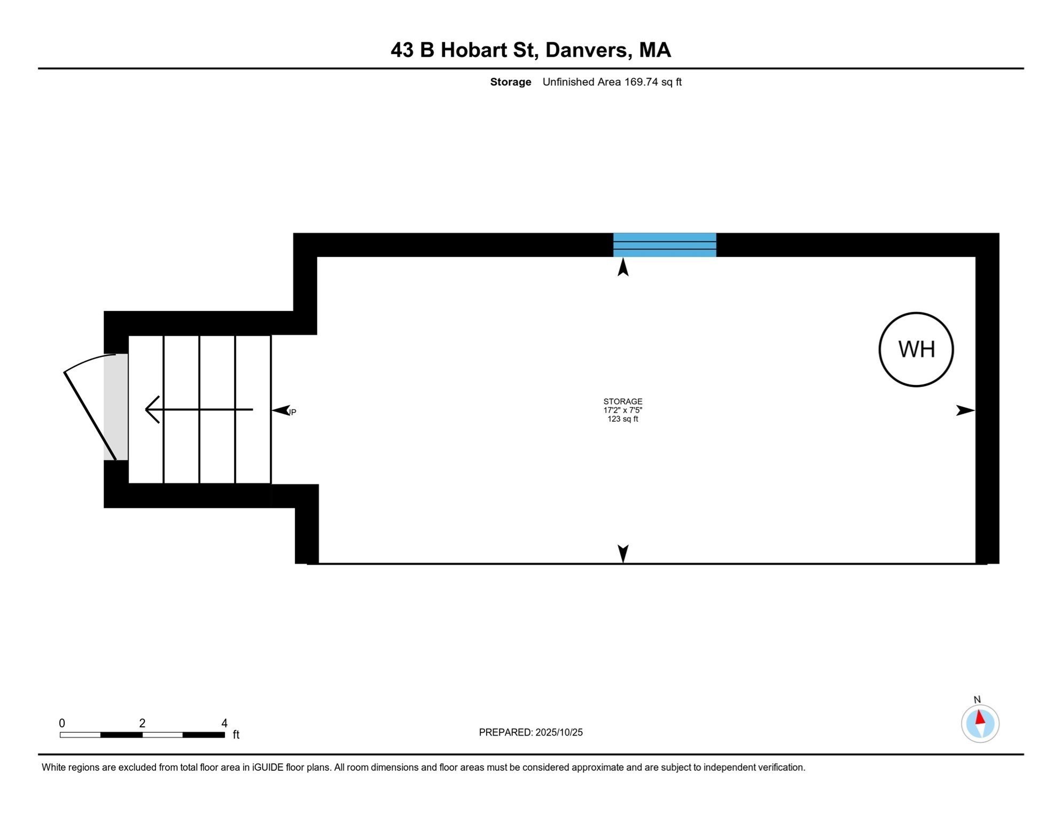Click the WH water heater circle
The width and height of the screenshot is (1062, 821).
[x=916, y=349]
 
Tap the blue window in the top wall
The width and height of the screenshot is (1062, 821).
[x=664, y=245]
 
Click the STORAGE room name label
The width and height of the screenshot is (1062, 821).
[x=622, y=401]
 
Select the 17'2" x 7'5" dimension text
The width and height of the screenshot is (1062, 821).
[x=622, y=410]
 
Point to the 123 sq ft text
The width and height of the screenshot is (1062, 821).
[x=622, y=419]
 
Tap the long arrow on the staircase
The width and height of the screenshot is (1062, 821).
[x=199, y=409]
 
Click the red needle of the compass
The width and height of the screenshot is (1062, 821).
[x=980, y=717]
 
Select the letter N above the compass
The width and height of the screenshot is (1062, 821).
[x=977, y=700]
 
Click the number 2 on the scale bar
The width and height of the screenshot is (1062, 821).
[x=142, y=723]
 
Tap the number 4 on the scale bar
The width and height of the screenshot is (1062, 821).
[x=224, y=723]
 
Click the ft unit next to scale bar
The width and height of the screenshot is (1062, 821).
[x=236, y=735]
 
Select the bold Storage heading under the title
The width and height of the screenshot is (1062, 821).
[x=510, y=82]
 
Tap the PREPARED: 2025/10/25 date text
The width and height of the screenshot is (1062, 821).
[x=530, y=732]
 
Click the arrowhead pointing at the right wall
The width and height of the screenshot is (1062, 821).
[x=965, y=410]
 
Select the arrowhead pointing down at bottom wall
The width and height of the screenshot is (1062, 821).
[x=623, y=553]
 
